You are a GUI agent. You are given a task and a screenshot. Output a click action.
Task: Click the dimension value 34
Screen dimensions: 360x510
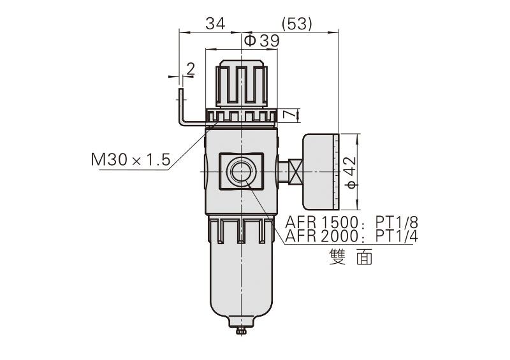click(x=215, y=24)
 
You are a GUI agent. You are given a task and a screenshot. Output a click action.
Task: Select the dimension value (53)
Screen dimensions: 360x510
click(x=296, y=24)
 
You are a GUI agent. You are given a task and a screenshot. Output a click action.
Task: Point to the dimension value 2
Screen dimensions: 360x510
click(x=190, y=68)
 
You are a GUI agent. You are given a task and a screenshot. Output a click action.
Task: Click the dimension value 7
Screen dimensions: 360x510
click(x=289, y=115)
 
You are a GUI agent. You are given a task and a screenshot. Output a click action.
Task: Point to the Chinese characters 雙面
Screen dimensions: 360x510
click(x=351, y=256)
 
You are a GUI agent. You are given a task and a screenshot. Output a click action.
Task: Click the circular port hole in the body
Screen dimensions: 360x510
click(x=241, y=172)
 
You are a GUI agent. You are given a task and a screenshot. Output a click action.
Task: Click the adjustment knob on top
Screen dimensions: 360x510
click(x=241, y=84)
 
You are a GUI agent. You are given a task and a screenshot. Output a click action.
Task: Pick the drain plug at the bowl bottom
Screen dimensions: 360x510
click(x=241, y=331)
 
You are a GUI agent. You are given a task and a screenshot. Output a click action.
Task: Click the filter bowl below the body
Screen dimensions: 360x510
click(x=241, y=274)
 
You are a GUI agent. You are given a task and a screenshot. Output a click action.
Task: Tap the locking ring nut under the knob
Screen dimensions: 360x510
click(x=241, y=117)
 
